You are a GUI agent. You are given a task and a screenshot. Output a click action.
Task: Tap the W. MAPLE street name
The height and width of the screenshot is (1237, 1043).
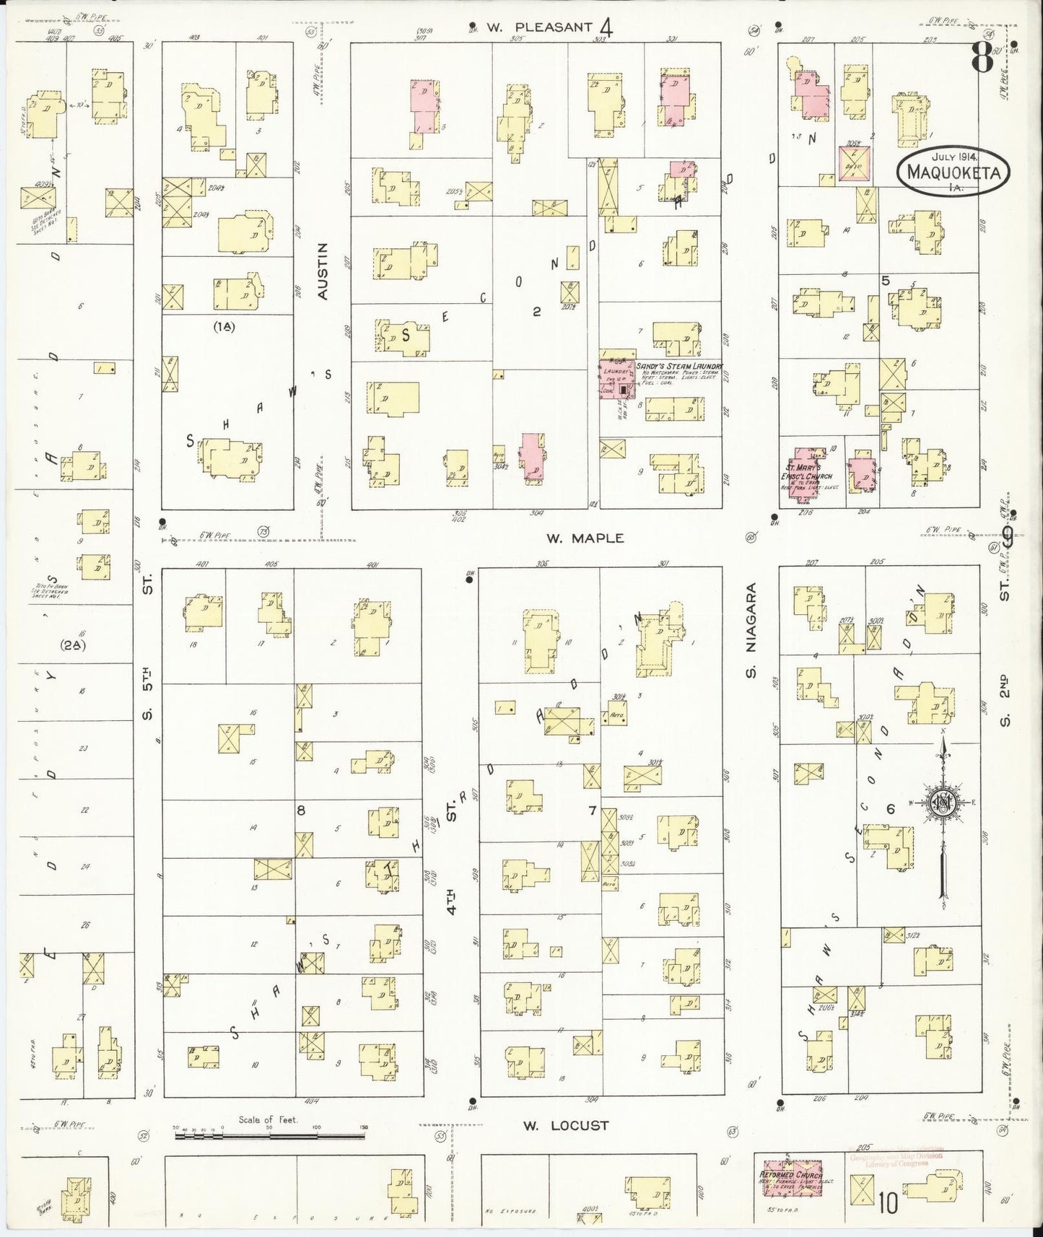[585, 538]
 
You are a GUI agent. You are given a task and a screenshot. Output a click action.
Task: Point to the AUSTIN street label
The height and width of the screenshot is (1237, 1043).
[323, 271]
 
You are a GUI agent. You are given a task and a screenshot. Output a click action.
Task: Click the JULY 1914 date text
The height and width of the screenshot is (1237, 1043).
[953, 156]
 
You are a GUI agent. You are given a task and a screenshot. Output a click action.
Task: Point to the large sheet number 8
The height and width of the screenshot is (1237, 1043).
[982, 56]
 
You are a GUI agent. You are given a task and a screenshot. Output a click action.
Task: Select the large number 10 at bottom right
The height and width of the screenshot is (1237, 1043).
[888, 1204]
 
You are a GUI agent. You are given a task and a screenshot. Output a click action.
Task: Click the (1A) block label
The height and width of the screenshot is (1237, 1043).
[224, 326]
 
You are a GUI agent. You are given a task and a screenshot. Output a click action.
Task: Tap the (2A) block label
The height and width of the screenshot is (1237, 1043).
[72, 645]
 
